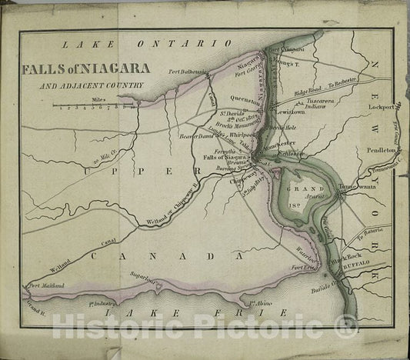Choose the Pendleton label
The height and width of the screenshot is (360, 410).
380,145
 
